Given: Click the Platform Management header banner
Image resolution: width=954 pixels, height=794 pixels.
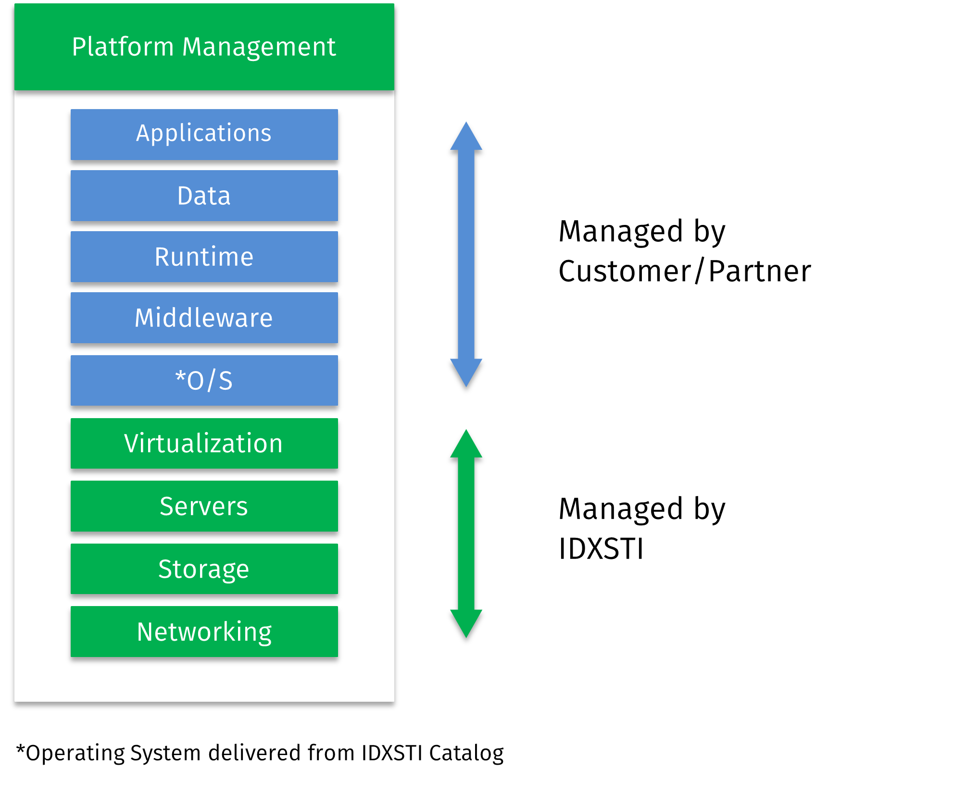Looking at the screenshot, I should click(x=204, y=47).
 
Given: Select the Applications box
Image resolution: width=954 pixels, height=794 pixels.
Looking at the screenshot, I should click(x=204, y=134).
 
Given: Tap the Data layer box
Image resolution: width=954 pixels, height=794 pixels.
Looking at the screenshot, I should click(x=204, y=196).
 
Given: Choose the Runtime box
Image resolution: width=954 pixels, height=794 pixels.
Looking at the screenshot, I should click(x=204, y=257).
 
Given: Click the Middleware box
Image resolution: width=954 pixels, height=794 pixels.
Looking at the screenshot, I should click(x=204, y=318).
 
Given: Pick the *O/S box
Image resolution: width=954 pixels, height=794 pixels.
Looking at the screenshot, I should click(x=204, y=380).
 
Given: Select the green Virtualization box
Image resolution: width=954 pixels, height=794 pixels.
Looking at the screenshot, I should click(x=204, y=443).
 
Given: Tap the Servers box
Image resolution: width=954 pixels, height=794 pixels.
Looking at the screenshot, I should click(x=204, y=506).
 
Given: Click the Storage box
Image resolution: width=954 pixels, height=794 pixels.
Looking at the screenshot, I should click(x=204, y=569).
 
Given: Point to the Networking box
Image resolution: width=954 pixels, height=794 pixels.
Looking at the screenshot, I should click(x=204, y=632).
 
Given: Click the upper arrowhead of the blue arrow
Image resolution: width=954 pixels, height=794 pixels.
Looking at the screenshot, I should click(x=466, y=137).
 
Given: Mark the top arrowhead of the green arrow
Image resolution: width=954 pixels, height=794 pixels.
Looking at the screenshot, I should click(x=466, y=445).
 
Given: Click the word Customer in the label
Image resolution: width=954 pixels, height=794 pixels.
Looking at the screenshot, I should click(x=625, y=272).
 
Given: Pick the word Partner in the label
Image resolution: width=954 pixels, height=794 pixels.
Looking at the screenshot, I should click(x=760, y=272).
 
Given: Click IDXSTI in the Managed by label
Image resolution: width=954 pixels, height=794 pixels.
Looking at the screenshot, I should click(x=601, y=549).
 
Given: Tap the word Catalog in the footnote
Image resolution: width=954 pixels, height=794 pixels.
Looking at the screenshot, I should click(x=466, y=753).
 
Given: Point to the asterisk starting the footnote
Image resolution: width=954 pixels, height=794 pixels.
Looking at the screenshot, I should click(x=20, y=749).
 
